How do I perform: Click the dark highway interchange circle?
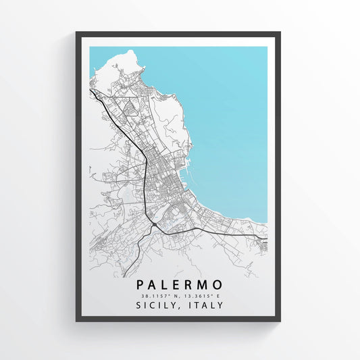click(x=155, y=224)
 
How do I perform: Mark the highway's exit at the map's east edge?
click(x=265, y=238)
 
